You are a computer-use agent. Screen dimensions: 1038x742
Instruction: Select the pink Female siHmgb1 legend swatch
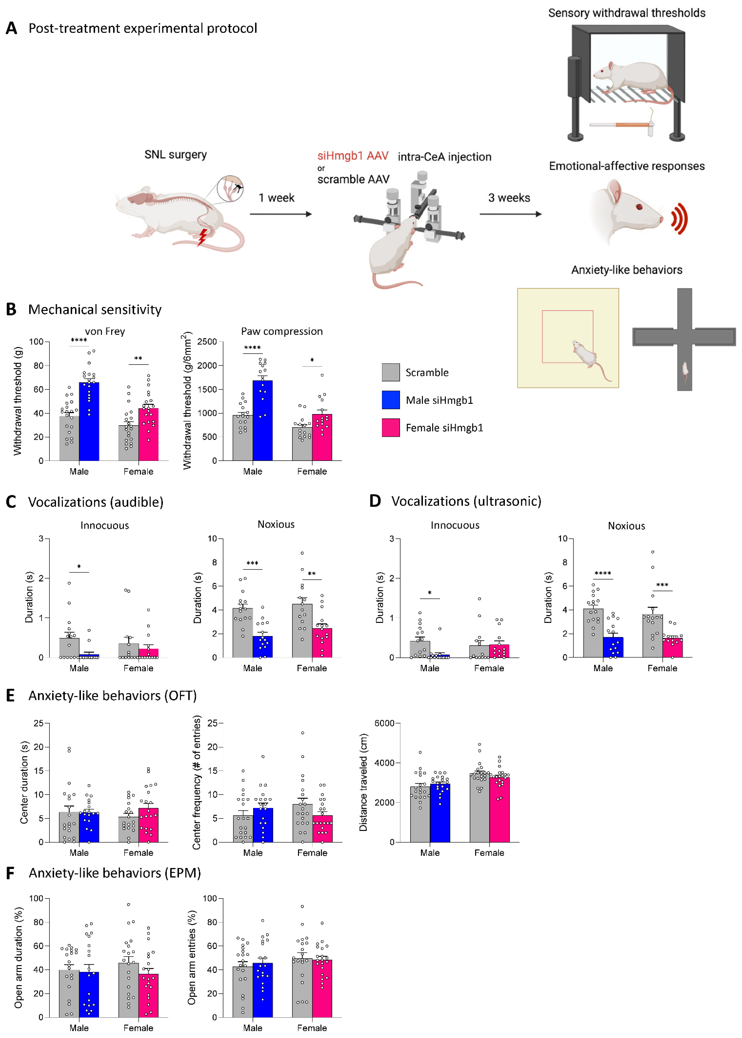click(x=391, y=428)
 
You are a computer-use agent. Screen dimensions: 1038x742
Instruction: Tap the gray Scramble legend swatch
click(x=391, y=372)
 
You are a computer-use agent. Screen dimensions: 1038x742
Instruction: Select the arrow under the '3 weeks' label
click(x=510, y=214)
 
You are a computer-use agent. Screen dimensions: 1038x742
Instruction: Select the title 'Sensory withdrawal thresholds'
click(x=626, y=13)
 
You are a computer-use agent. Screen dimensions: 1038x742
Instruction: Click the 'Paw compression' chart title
click(x=282, y=331)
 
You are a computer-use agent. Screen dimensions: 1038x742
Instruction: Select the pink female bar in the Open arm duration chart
click(x=149, y=996)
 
